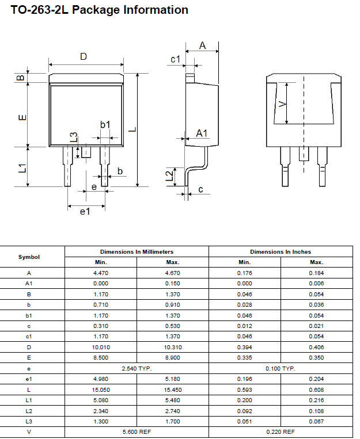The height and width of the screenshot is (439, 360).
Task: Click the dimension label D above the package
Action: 84,56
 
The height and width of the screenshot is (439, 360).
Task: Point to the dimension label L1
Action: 22,168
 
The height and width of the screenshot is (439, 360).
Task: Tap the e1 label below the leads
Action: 85,212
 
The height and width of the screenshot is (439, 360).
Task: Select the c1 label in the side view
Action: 176,59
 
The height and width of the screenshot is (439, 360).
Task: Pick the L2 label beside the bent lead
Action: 169,175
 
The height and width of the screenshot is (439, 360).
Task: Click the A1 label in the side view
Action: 202,133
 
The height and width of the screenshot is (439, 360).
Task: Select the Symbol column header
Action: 29,257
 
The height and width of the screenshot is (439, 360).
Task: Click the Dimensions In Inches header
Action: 281,252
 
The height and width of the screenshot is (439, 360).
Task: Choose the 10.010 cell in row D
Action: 101,347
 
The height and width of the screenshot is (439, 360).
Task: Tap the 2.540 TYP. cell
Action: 137,368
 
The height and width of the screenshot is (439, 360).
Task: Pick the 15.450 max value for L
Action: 173,390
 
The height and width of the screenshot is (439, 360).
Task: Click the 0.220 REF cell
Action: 281,432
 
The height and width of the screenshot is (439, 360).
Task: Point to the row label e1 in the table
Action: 29,379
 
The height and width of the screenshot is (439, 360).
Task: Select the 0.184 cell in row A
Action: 316,273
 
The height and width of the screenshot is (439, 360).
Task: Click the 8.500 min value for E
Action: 101,357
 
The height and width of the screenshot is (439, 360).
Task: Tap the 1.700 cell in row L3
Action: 173,421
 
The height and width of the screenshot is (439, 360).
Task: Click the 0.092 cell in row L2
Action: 245,410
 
